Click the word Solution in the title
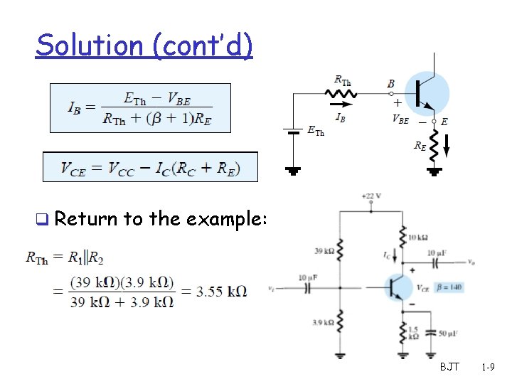click(90, 46)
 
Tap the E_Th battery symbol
click(293, 131)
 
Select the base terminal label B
click(391, 84)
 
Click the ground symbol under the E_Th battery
click(293, 170)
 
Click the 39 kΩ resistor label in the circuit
click(324, 250)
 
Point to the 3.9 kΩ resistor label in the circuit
click(323, 322)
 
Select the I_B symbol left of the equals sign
click(73, 108)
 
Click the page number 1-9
click(488, 367)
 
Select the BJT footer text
click(449, 367)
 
